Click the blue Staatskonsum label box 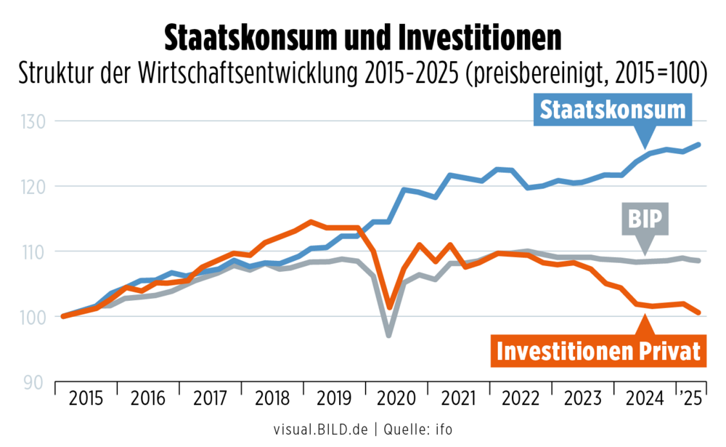tap(613, 110)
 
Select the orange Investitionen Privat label tap(599, 350)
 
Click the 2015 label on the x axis tap(86, 398)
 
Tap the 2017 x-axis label tap(211, 398)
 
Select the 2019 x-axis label tap(335, 398)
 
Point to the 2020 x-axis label tap(396, 398)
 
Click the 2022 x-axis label tap(521, 398)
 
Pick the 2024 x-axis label tap(645, 398)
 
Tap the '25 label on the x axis tap(692, 398)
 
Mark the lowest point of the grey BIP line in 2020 tap(389, 335)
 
